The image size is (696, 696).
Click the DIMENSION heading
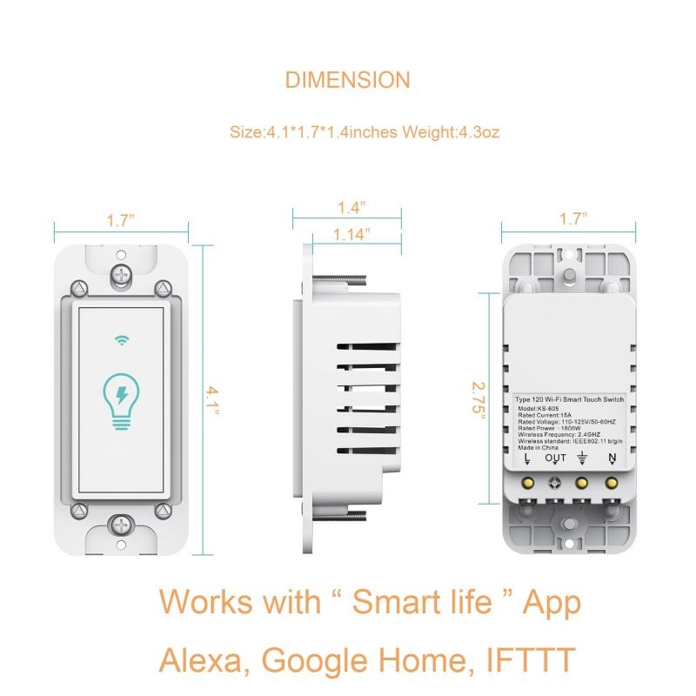(x=347, y=81)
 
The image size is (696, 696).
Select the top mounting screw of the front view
(x=121, y=274)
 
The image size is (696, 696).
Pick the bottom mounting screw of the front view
(x=121, y=525)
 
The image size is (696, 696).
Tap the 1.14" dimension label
(x=351, y=234)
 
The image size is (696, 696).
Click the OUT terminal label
(x=555, y=458)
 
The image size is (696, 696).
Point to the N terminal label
(x=612, y=458)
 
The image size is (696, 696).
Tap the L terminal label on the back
(x=526, y=458)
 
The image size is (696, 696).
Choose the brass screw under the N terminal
(x=612, y=480)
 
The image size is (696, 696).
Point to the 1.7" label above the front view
(x=121, y=220)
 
